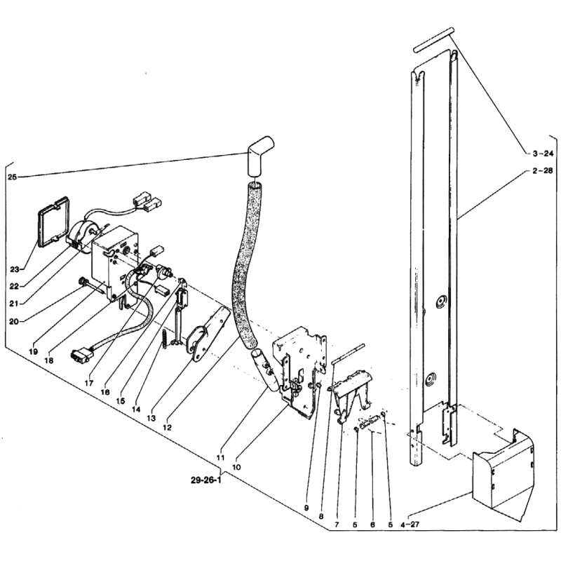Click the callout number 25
point(12,177)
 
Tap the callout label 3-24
point(543,154)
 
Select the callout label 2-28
point(542,170)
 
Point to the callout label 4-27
point(410,525)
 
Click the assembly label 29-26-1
point(206,480)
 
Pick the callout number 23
point(15,269)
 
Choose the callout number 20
point(14,321)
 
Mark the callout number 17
point(89,383)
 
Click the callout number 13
point(151,418)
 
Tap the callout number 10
point(236,467)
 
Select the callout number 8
point(321,516)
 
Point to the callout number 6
point(372,525)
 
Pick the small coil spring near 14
point(164,338)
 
